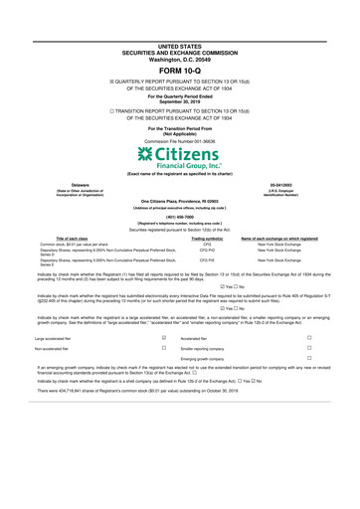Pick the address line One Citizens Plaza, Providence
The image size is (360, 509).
click(x=179, y=199)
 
